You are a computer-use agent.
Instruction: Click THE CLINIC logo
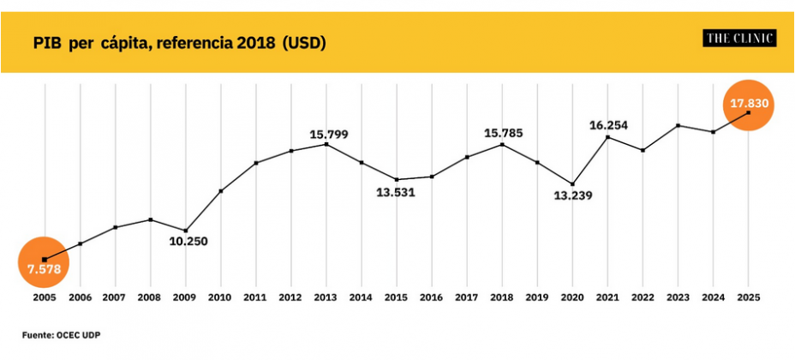click(x=739, y=39)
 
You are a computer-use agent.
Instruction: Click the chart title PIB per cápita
click(x=179, y=42)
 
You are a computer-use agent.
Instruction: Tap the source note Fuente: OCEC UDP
click(x=54, y=334)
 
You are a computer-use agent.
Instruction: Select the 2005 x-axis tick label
click(x=45, y=297)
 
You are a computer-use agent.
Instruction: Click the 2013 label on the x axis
click(x=326, y=297)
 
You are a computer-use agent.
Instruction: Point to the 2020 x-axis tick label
click(x=572, y=297)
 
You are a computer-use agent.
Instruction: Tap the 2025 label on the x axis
click(x=749, y=297)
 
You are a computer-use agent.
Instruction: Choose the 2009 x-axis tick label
click(x=186, y=297)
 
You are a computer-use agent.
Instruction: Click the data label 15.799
click(x=329, y=135)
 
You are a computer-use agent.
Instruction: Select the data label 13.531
click(x=396, y=192)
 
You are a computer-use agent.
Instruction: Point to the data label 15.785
click(x=504, y=133)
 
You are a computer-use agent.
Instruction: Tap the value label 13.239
click(x=573, y=195)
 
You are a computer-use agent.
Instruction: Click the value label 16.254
click(x=608, y=125)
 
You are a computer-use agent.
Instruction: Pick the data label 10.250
click(x=188, y=241)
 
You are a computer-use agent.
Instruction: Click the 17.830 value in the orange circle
click(x=750, y=104)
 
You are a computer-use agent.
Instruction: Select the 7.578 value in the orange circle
click(x=44, y=269)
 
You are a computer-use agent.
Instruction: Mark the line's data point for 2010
click(x=221, y=191)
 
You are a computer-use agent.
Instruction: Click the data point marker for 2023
click(x=678, y=126)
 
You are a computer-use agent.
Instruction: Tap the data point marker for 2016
click(x=432, y=177)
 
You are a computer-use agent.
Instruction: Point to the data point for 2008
click(x=151, y=219)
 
